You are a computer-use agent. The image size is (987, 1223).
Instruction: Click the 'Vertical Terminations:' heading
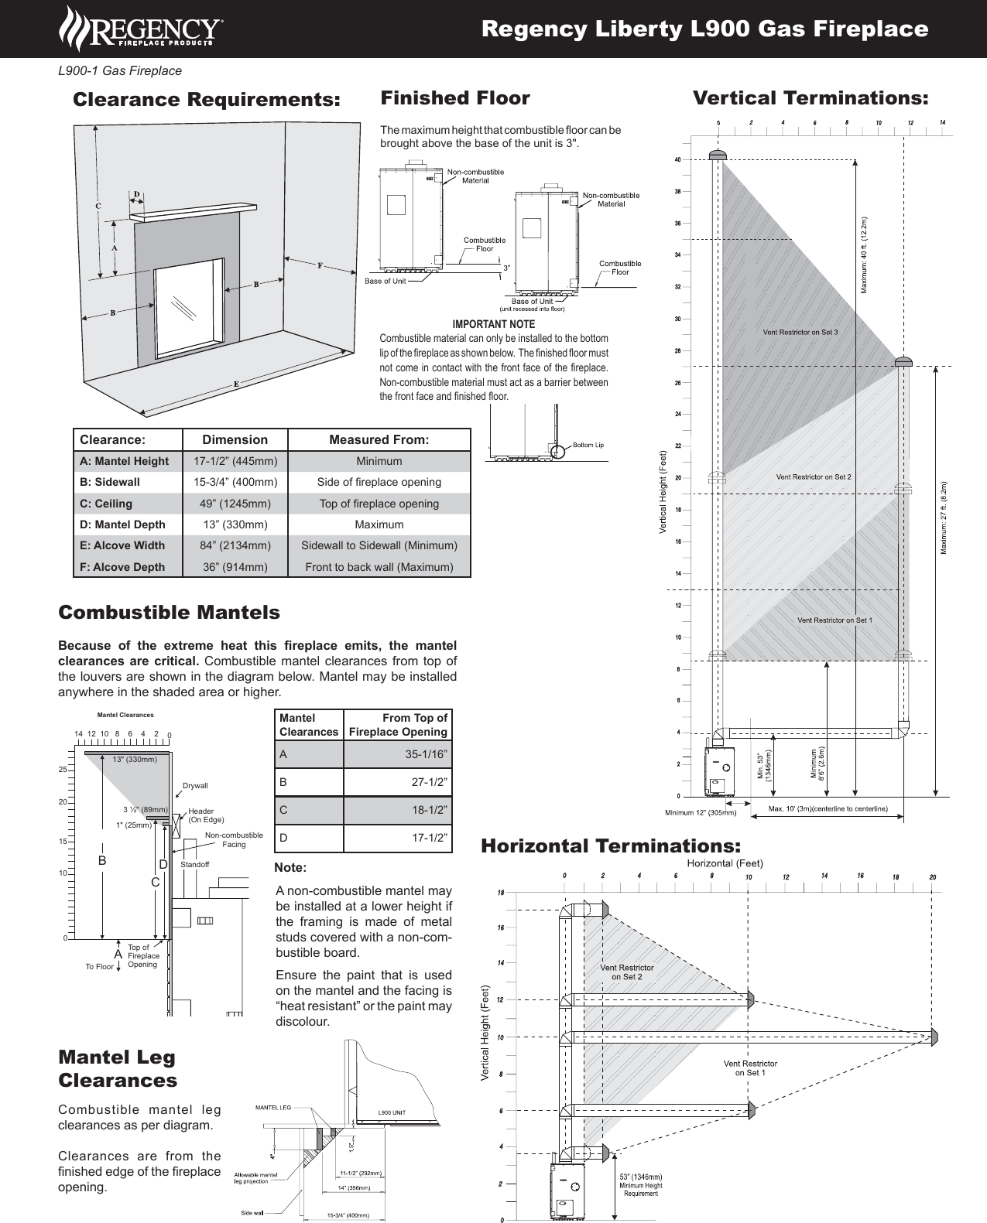(x=810, y=98)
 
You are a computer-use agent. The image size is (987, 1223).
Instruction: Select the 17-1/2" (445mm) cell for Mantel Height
(x=235, y=461)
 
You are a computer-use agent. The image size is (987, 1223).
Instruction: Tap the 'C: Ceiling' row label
(x=106, y=504)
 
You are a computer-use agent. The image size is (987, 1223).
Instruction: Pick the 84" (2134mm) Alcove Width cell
(x=235, y=545)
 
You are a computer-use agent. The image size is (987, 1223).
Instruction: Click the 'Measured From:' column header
(x=379, y=439)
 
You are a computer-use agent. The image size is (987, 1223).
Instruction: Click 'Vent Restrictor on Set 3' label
(x=800, y=333)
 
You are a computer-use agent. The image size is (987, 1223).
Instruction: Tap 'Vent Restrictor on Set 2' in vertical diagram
(x=813, y=477)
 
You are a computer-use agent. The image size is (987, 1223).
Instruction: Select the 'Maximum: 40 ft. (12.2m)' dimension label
(x=864, y=255)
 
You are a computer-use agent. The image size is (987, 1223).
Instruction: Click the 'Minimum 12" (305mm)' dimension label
(x=701, y=813)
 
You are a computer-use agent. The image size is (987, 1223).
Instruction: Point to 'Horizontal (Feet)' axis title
(x=725, y=863)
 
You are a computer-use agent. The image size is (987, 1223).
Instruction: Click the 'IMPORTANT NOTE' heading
(x=493, y=324)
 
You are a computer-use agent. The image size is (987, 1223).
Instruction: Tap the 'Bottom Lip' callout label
(x=588, y=445)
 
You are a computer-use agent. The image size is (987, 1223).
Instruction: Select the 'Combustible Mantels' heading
(x=169, y=613)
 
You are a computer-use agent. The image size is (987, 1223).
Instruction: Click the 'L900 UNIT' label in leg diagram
(x=391, y=1113)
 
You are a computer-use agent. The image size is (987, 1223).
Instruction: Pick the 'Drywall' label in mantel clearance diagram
(x=195, y=786)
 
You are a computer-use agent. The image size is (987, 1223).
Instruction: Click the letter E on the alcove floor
(x=236, y=384)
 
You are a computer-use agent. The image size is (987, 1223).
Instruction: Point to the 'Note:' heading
(x=290, y=868)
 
